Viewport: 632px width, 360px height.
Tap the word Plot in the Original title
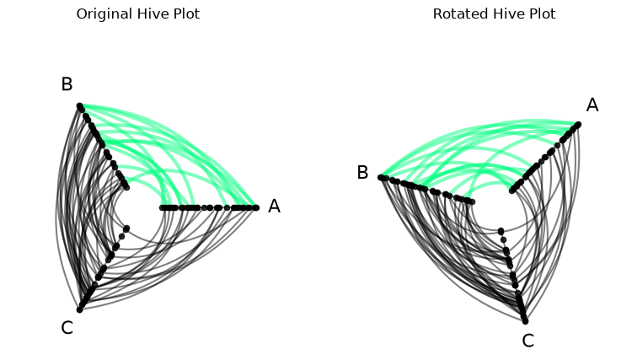pyautogui.click(x=186, y=14)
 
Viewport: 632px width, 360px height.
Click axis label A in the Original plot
pyautogui.click(x=274, y=206)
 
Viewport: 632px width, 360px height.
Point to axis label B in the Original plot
pyautogui.click(x=67, y=84)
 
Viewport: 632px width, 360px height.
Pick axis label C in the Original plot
pyautogui.click(x=67, y=328)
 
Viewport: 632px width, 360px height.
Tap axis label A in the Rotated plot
pyautogui.click(x=592, y=105)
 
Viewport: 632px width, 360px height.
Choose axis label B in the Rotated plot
pyautogui.click(x=362, y=173)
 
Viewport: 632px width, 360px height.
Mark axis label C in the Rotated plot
pyautogui.click(x=528, y=341)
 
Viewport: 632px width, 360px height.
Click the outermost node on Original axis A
pyautogui.click(x=256, y=207)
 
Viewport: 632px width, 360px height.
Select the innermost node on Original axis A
pyautogui.click(x=163, y=207)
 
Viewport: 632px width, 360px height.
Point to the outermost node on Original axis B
pyautogui.click(x=80, y=106)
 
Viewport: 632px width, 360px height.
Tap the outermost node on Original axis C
pyautogui.click(x=80, y=309)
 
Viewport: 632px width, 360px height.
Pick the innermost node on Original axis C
pyautogui.click(x=127, y=228)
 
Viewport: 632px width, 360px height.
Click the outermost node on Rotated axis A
pyautogui.click(x=578, y=125)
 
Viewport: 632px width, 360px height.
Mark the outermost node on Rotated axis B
pyautogui.click(x=381, y=177)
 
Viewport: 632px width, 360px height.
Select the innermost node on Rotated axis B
pyautogui.click(x=472, y=201)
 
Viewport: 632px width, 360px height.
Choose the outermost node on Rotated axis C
pyautogui.click(x=525, y=321)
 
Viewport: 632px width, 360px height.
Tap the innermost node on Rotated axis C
pyautogui.click(x=501, y=231)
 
